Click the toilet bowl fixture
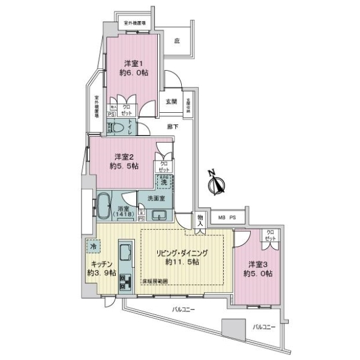(x=118, y=127)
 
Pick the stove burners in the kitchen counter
(x=126, y=280)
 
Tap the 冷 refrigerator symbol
(x=93, y=245)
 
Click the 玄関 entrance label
(x=171, y=101)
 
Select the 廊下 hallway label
(x=172, y=127)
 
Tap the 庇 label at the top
(x=177, y=41)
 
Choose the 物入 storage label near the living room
(x=200, y=220)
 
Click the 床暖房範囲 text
(x=155, y=281)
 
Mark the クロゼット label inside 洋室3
(x=271, y=236)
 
